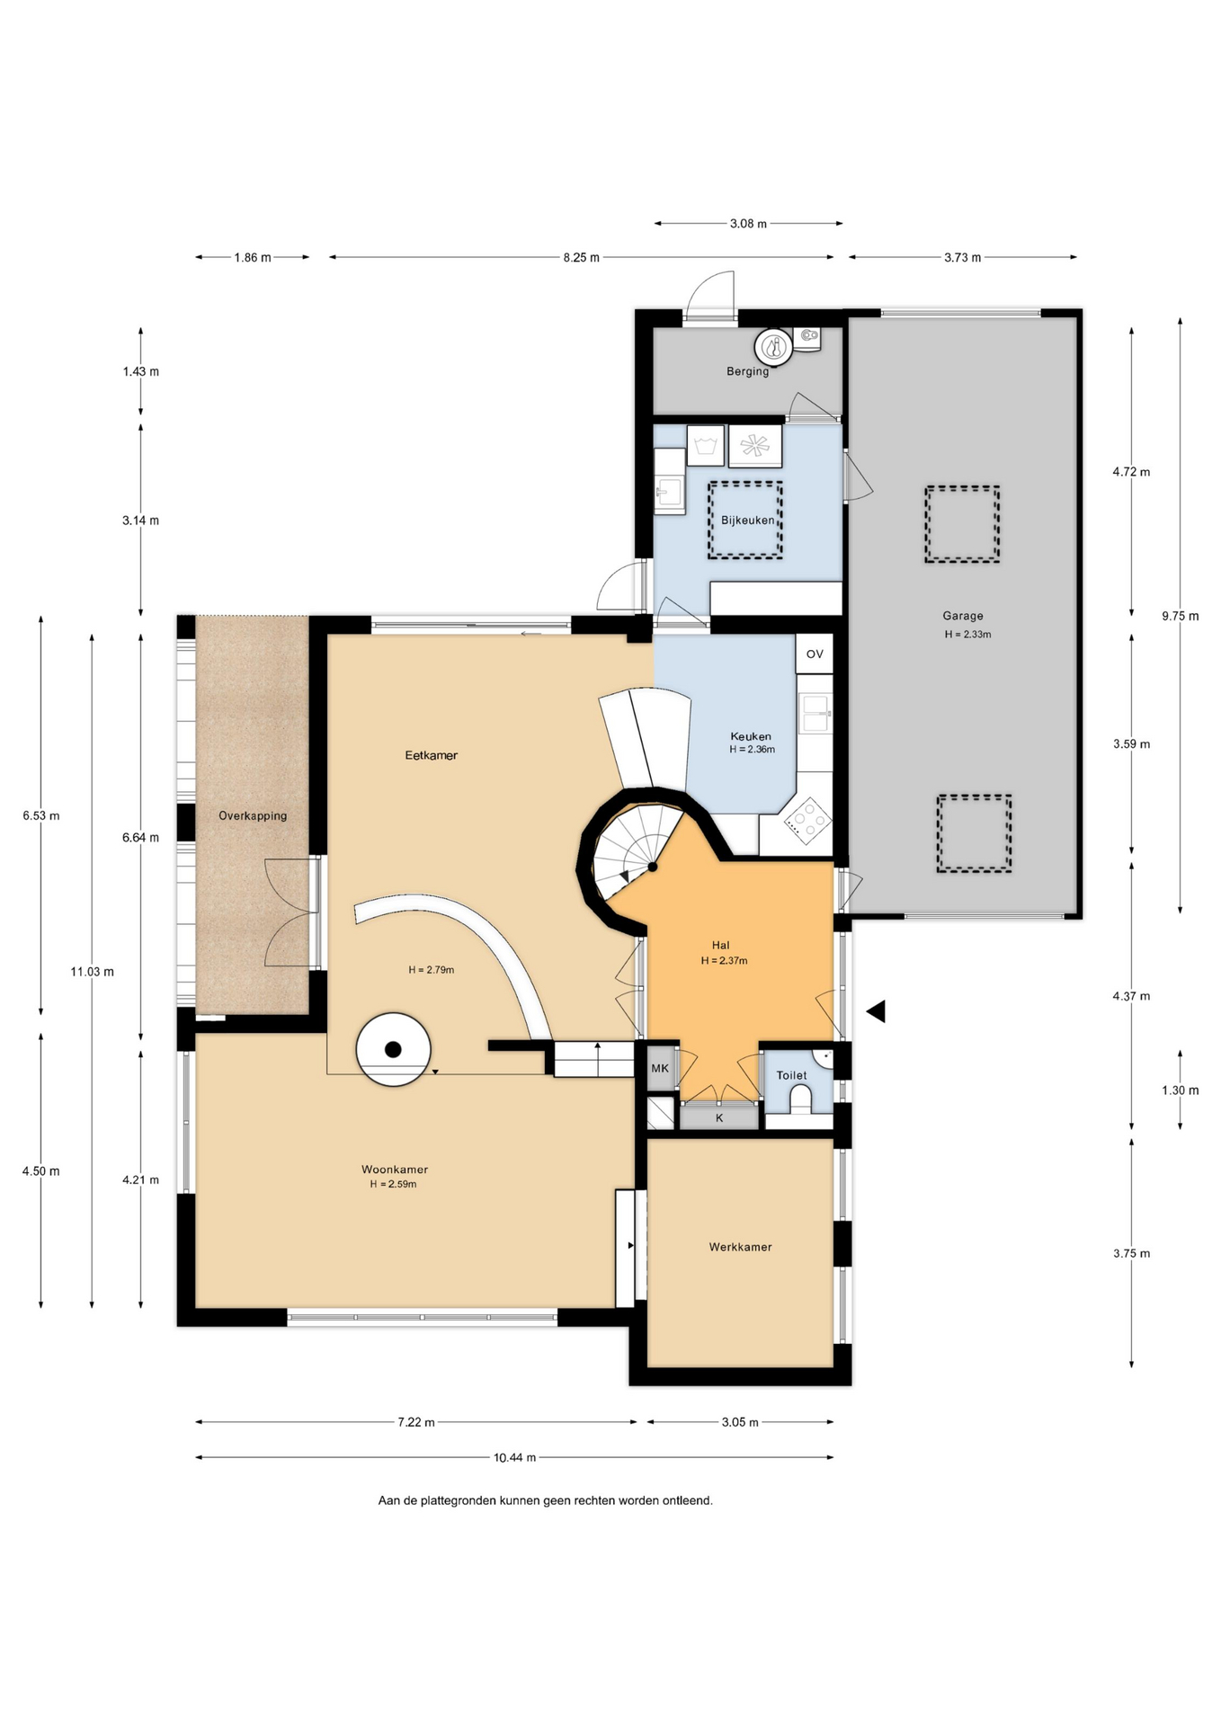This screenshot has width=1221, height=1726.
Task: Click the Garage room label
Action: pos(962,616)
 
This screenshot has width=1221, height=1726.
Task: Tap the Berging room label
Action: pos(747,371)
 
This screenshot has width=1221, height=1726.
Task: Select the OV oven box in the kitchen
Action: pos(815,654)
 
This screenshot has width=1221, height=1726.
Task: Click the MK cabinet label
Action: pos(660,1068)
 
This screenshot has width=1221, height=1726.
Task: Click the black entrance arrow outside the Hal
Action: pos(876,1011)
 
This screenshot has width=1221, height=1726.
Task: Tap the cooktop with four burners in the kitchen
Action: pos(807,820)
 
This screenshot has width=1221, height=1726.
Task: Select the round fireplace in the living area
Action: pos(393,1049)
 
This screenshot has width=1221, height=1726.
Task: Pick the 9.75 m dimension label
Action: pos(1180,616)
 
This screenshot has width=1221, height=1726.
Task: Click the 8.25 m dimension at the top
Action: pos(581,257)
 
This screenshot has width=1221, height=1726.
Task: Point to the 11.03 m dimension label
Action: pos(92,971)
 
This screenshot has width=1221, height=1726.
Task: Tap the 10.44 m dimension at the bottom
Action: pos(514,1457)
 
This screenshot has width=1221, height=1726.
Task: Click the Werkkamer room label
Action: pos(740,1247)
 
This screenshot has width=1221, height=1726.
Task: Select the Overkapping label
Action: pos(253,815)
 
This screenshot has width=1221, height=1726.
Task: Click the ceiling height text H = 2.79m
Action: pos(431,970)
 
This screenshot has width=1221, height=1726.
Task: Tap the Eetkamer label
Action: pos(431,755)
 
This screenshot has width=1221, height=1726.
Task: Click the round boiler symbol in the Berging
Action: pos(772,346)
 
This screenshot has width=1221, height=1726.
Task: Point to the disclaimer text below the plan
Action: pos(545,1500)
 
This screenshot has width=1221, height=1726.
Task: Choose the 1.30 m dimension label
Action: pos(1180,1090)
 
